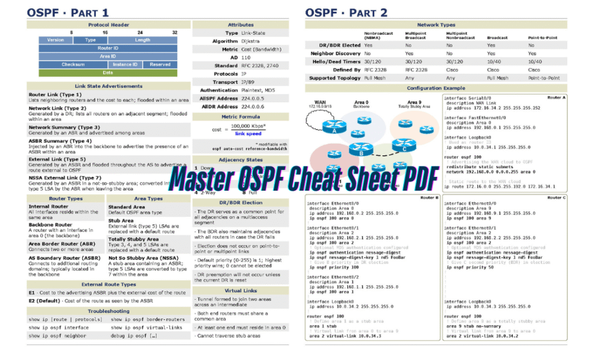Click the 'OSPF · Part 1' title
pos(70,12)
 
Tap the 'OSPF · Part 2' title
pos(347,12)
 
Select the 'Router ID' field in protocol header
pos(108,48)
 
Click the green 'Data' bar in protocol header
pos(108,72)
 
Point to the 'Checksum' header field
pos(73,64)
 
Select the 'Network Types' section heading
pos(436,25)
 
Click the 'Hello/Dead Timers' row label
pos(336,61)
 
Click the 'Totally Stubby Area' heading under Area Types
pos(133,239)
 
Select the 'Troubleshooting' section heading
pos(108,311)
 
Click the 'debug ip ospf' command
pos(133,335)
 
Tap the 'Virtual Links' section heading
pos(240,290)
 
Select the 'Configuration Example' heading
pos(436,88)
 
